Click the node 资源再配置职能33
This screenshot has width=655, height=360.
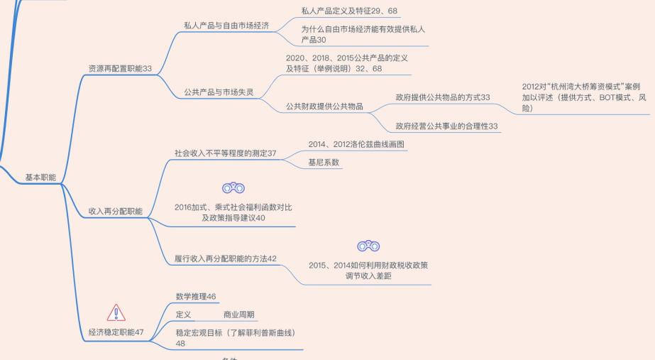[x=120, y=68]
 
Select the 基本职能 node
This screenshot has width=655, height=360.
[x=40, y=177]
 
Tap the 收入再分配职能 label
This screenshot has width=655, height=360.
[x=115, y=212]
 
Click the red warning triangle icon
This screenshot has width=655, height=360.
[x=116, y=312]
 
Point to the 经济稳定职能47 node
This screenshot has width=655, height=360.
[x=116, y=332]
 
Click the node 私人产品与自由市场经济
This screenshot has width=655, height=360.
[x=226, y=26]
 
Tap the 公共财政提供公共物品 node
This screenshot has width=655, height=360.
[x=324, y=107]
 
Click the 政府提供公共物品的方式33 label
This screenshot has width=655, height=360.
[x=443, y=97]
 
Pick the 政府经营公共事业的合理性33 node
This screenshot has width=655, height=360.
[x=448, y=126]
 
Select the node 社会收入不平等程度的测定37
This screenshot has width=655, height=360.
[x=225, y=153]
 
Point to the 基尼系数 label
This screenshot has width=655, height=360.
[x=324, y=163]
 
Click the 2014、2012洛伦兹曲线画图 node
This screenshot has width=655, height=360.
[x=357, y=144]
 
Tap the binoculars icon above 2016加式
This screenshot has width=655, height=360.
[x=233, y=188]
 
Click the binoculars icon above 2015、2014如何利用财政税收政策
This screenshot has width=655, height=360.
[x=368, y=246]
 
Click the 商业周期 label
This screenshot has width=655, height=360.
[x=238, y=315]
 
